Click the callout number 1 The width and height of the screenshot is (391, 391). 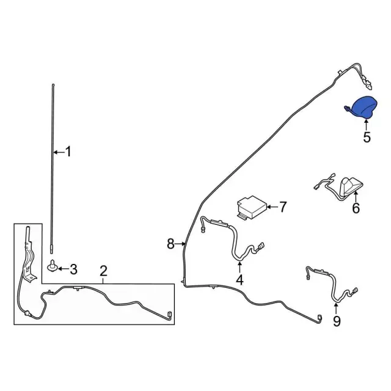(x=68, y=152)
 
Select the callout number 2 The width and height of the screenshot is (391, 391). (x=103, y=271)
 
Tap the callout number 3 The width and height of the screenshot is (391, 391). (x=73, y=269)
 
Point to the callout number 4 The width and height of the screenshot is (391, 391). (x=239, y=280)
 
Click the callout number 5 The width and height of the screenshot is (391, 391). (x=367, y=137)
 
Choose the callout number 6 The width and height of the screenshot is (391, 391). (x=356, y=208)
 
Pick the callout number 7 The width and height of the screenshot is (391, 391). (x=282, y=207)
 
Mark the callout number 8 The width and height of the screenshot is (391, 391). (x=170, y=244)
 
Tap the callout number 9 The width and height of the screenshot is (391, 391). (x=337, y=321)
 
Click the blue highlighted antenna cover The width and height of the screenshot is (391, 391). (x=362, y=107)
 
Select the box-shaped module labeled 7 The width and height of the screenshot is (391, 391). (x=251, y=208)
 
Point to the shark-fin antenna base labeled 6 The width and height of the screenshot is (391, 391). (x=349, y=188)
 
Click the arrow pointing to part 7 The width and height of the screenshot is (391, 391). (x=272, y=206)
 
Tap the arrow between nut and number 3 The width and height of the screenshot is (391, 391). (x=63, y=269)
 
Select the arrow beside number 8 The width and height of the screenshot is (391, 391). (x=180, y=244)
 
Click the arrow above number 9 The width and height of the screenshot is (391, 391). (x=336, y=308)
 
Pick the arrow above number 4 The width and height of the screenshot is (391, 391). (x=239, y=267)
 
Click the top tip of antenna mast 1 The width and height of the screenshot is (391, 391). (x=53, y=85)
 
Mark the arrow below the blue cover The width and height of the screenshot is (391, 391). (x=367, y=125)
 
